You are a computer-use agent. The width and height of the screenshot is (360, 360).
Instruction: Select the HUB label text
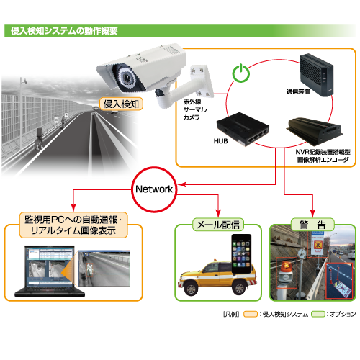[220, 141]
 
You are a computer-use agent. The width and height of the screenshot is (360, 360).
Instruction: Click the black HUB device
[243, 129]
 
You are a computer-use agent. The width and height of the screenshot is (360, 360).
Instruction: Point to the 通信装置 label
[298, 91]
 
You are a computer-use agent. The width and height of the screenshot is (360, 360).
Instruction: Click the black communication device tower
[316, 75]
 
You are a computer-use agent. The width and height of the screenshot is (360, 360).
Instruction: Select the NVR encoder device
[315, 131]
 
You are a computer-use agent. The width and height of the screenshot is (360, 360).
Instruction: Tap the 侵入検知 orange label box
[121, 104]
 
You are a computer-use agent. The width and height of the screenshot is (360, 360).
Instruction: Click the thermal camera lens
[127, 77]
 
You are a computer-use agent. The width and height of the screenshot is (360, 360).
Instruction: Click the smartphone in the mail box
[241, 253]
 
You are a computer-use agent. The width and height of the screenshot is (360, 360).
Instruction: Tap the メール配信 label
[218, 225]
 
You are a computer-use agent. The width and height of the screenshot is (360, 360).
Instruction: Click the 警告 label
[312, 225]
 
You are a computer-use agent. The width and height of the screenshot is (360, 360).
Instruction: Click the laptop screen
[50, 266]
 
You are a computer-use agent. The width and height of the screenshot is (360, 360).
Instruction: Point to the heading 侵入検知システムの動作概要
[64, 31]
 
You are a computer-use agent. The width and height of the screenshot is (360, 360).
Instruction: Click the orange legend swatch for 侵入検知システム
[251, 314]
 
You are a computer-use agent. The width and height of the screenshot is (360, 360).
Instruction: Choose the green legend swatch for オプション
[318, 314]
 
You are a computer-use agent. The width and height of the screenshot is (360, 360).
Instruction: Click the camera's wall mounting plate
[202, 81]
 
